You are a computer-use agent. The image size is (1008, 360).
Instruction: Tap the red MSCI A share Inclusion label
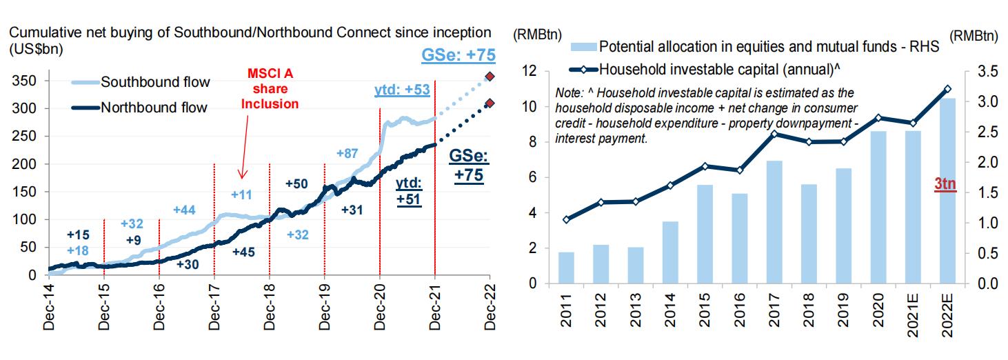(274, 89)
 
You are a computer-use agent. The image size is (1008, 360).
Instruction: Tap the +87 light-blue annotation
(349, 153)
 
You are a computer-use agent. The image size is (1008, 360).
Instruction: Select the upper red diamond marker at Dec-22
(490, 77)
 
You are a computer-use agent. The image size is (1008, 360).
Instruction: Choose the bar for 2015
(705, 234)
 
